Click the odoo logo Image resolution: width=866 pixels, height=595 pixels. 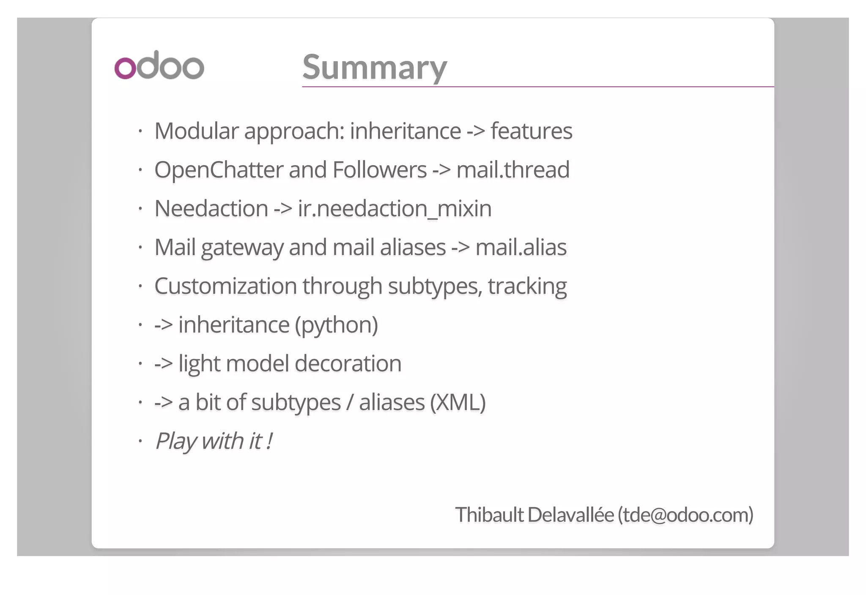click(159, 66)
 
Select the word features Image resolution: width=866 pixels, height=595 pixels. click(531, 131)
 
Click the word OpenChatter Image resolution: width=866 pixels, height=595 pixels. click(219, 170)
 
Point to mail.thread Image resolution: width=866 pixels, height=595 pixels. click(513, 170)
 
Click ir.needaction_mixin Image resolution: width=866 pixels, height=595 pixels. click(395, 209)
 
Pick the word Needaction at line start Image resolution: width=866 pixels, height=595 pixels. click(211, 209)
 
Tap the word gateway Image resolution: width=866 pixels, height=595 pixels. click(242, 248)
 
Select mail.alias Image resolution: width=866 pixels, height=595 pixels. click(521, 248)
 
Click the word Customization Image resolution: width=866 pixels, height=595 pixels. click(225, 286)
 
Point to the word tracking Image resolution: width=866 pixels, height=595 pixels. click(527, 286)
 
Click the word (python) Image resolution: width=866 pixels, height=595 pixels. click(336, 325)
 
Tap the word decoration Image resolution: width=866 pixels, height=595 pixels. click(348, 364)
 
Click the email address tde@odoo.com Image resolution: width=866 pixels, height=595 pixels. click(685, 515)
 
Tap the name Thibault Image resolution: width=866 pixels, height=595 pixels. click(489, 515)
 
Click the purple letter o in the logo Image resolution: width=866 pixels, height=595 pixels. click(125, 68)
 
